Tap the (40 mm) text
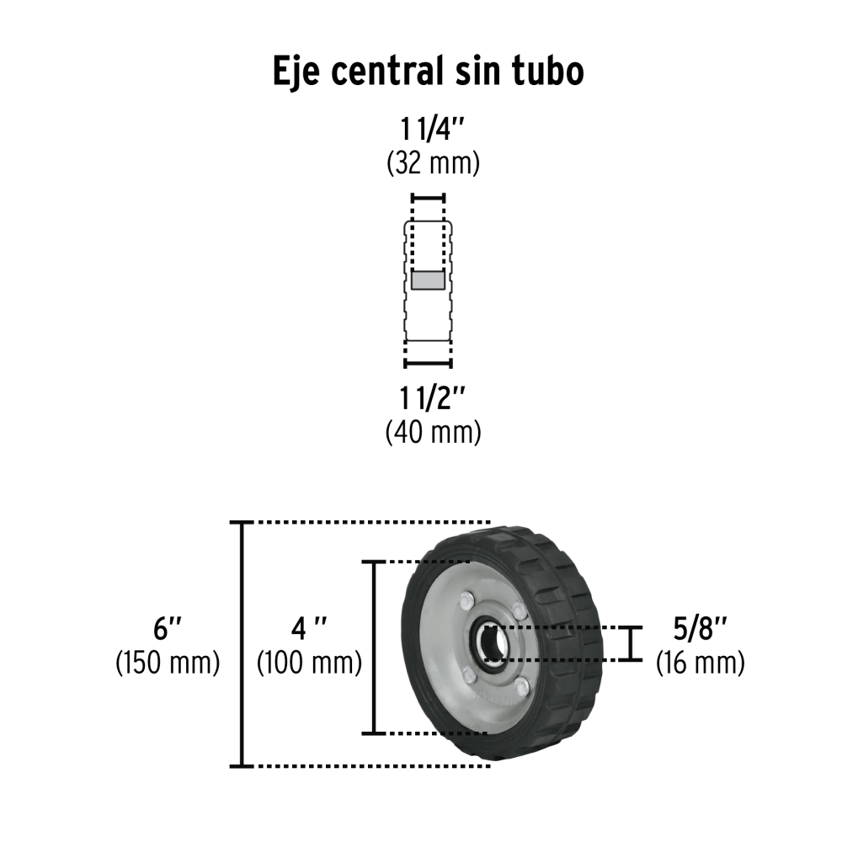tap(434, 432)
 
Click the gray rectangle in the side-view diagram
tap(428, 280)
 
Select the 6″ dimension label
tap(167, 628)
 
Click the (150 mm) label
tap(168, 663)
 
